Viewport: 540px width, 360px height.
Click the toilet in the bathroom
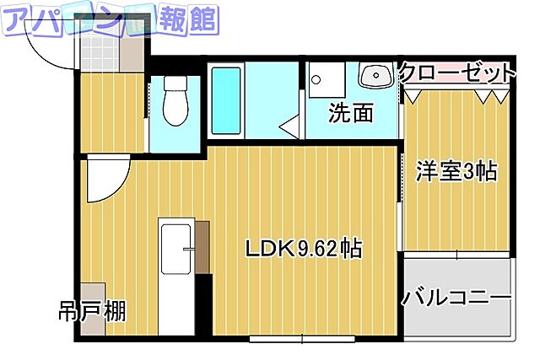[175, 105]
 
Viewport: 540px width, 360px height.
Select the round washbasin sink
[372, 77]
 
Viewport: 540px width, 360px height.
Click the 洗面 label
[351, 113]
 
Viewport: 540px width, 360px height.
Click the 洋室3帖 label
[456, 171]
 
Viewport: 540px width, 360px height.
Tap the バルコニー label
[456, 298]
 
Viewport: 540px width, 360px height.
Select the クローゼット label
[456, 72]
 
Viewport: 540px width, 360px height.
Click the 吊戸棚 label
[93, 312]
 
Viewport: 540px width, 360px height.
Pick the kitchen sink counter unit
[177, 248]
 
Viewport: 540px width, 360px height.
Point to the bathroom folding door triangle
[289, 129]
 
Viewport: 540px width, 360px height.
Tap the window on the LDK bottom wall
[302, 340]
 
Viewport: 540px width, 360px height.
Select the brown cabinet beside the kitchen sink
[202, 247]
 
